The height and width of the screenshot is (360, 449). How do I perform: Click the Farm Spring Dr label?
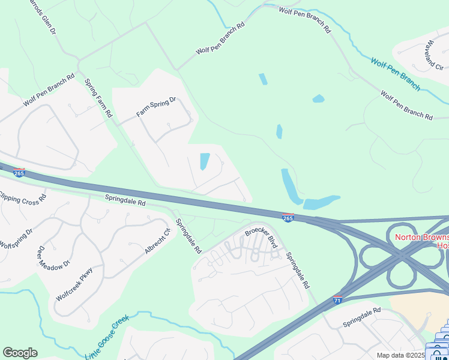click(155, 106)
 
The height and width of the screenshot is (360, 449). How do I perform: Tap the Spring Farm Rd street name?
click(99, 98)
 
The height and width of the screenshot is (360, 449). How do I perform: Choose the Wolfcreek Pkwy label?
click(75, 283)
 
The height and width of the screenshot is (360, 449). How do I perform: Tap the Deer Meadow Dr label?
click(54, 257)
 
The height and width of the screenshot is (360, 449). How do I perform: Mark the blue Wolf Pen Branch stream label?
click(395, 74)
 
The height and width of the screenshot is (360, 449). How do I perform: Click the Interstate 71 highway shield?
click(338, 299)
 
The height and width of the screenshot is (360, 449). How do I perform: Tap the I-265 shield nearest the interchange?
click(288, 217)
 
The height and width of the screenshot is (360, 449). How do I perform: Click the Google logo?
click(20, 353)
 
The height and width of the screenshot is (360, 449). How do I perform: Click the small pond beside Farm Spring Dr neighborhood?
click(204, 161)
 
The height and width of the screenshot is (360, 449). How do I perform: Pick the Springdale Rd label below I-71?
click(362, 317)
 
